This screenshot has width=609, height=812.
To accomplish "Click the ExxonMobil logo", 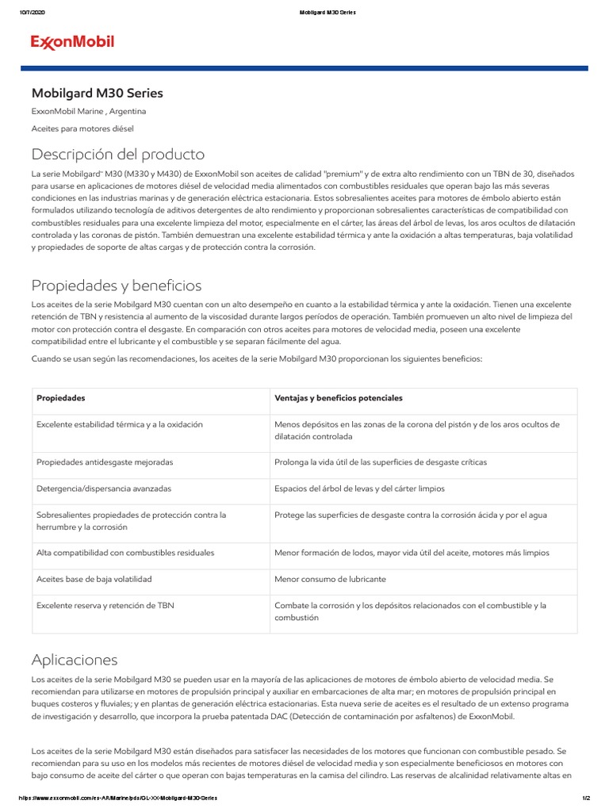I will (x=72, y=42).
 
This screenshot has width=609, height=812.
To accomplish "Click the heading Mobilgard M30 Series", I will (x=97, y=94).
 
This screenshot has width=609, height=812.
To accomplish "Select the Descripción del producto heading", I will (x=117, y=154).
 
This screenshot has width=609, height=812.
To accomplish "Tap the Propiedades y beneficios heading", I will (x=116, y=285).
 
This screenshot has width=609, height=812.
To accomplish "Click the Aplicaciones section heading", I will (x=74, y=660).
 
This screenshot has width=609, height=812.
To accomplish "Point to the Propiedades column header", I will (x=61, y=398).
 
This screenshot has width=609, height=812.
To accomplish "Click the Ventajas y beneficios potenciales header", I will (x=338, y=398).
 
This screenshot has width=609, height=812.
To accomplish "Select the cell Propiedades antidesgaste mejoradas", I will (x=105, y=462).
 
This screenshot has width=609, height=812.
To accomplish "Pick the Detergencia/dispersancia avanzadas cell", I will (x=104, y=488).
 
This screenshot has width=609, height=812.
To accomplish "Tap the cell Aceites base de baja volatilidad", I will (x=94, y=580).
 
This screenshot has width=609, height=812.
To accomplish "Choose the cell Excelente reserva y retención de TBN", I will (x=105, y=606).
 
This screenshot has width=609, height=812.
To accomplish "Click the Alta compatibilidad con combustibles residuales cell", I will (x=125, y=553).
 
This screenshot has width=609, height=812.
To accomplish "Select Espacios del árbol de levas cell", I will (x=359, y=488).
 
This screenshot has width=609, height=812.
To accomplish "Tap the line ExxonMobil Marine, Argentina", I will (x=88, y=112).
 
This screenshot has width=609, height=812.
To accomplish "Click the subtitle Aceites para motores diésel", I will (x=82, y=128).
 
